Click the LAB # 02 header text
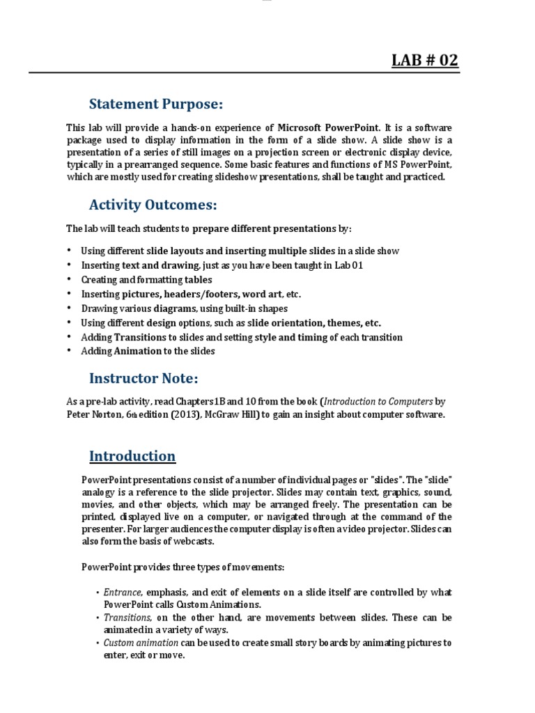pyautogui.click(x=425, y=61)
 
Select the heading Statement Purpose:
pyautogui.click(x=156, y=104)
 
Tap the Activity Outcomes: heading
pyautogui.click(x=153, y=205)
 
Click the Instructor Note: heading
pyautogui.click(x=144, y=378)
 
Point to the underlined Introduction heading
pyautogui.click(x=132, y=456)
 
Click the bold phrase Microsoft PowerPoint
pyautogui.click(x=329, y=127)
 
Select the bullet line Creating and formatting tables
pyautogui.click(x=146, y=280)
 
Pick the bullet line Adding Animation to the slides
pyautogui.click(x=148, y=352)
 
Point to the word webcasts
pyautogui.click(x=197, y=542)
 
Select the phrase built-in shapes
pyautogui.click(x=254, y=308)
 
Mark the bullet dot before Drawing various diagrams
pyautogui.click(x=70, y=308)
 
